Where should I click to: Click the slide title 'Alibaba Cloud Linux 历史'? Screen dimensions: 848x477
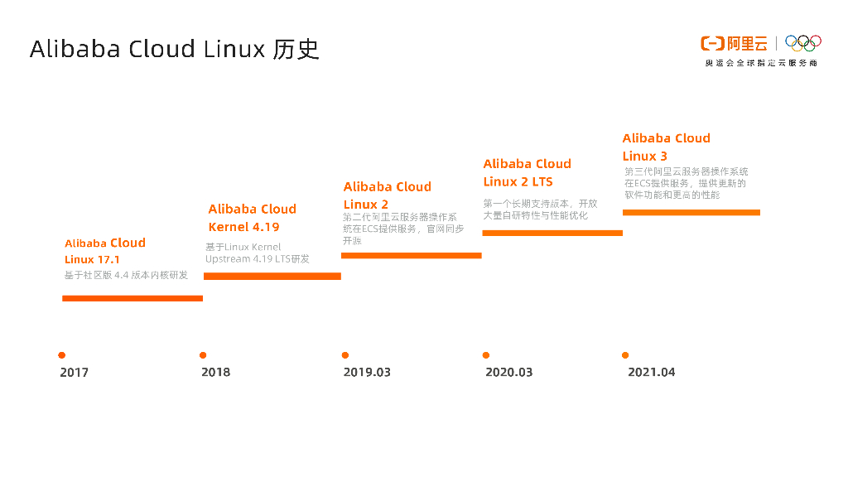(x=174, y=49)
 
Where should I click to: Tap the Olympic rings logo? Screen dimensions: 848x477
(x=802, y=42)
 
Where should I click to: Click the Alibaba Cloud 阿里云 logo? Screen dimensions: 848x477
(x=734, y=43)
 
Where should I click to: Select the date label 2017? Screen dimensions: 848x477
(x=74, y=373)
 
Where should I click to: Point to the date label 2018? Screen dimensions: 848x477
(x=215, y=373)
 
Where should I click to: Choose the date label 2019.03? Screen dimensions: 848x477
(x=367, y=373)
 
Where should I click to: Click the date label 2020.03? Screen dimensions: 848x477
(x=508, y=373)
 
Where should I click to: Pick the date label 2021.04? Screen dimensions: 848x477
(x=651, y=373)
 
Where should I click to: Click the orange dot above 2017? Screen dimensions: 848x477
(x=62, y=355)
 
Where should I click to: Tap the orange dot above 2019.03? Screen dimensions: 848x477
(x=345, y=355)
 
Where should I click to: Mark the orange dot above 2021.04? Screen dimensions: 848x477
(x=625, y=355)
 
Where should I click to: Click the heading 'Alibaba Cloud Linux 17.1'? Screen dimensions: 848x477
(x=105, y=251)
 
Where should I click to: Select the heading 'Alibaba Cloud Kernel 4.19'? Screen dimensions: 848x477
(x=252, y=218)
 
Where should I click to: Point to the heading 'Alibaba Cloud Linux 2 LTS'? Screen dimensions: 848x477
(x=527, y=172)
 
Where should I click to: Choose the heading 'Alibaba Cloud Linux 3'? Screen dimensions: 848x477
(x=666, y=147)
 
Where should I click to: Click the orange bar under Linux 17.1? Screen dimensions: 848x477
(x=132, y=298)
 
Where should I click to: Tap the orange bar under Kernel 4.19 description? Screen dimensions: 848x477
(x=272, y=276)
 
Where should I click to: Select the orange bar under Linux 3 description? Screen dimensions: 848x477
(x=691, y=213)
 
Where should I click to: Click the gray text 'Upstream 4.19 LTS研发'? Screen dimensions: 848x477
(x=258, y=259)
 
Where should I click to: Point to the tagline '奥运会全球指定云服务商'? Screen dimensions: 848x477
(x=761, y=63)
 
